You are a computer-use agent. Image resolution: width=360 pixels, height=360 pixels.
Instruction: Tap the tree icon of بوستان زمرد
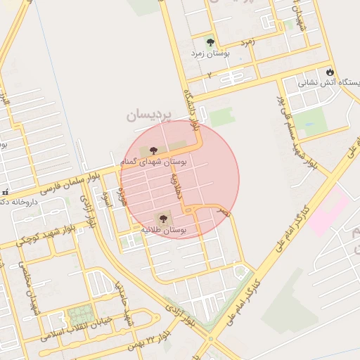(x=210, y=41)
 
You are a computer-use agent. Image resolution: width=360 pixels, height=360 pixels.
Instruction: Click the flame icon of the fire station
(x=330, y=72)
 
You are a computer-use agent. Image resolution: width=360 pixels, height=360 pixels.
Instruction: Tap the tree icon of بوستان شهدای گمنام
(x=153, y=150)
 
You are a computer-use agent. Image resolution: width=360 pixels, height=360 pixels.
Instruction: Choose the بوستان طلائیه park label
(x=163, y=230)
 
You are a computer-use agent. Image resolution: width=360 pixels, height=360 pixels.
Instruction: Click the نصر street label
(x=224, y=210)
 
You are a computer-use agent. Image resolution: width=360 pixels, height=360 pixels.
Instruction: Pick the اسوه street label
(x=108, y=198)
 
